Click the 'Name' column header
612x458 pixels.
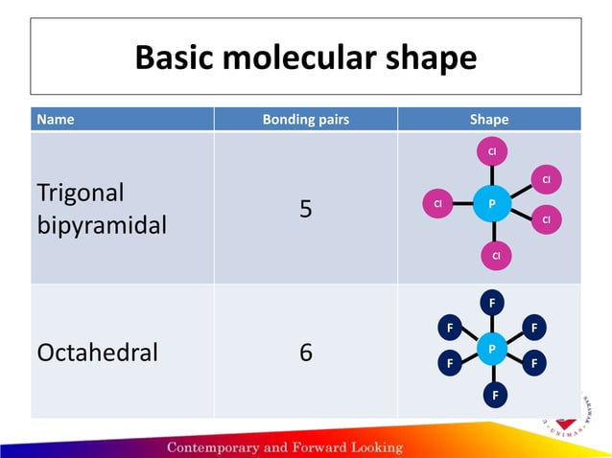tap(55, 120)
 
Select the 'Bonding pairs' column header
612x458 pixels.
tap(305, 120)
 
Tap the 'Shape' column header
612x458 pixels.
tap(489, 120)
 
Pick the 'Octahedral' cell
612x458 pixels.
tap(97, 352)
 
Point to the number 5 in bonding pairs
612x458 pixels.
tap(305, 208)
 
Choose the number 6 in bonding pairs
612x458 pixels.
tap(305, 352)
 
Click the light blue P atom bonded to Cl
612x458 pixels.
tap(491, 204)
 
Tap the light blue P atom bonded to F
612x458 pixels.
tap(491, 347)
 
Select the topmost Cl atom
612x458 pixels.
tap(491, 152)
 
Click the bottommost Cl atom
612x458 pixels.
tap(496, 256)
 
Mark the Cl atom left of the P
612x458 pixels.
tap(436, 204)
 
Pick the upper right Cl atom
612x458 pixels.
tap(546, 179)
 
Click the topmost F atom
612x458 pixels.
tap(492, 304)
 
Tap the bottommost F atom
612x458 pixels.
tap(495, 394)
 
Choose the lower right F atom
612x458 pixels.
tap(534, 364)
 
